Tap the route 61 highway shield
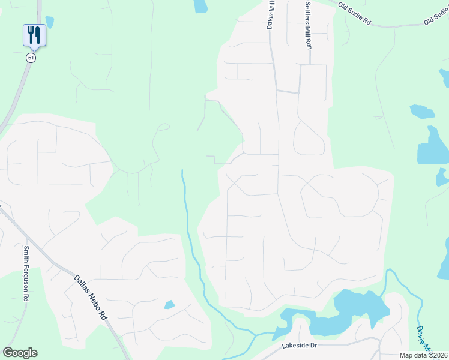[31, 58]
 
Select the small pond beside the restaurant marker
[49, 22]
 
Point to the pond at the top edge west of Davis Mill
[200, 6]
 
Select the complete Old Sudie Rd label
[355, 14]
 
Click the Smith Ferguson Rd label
[26, 276]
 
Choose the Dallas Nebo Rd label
[91, 297]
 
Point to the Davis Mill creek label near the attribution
[424, 337]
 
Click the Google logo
[20, 353]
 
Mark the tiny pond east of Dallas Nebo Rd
[169, 305]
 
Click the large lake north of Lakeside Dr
[354, 307]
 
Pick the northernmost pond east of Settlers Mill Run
[422, 111]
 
